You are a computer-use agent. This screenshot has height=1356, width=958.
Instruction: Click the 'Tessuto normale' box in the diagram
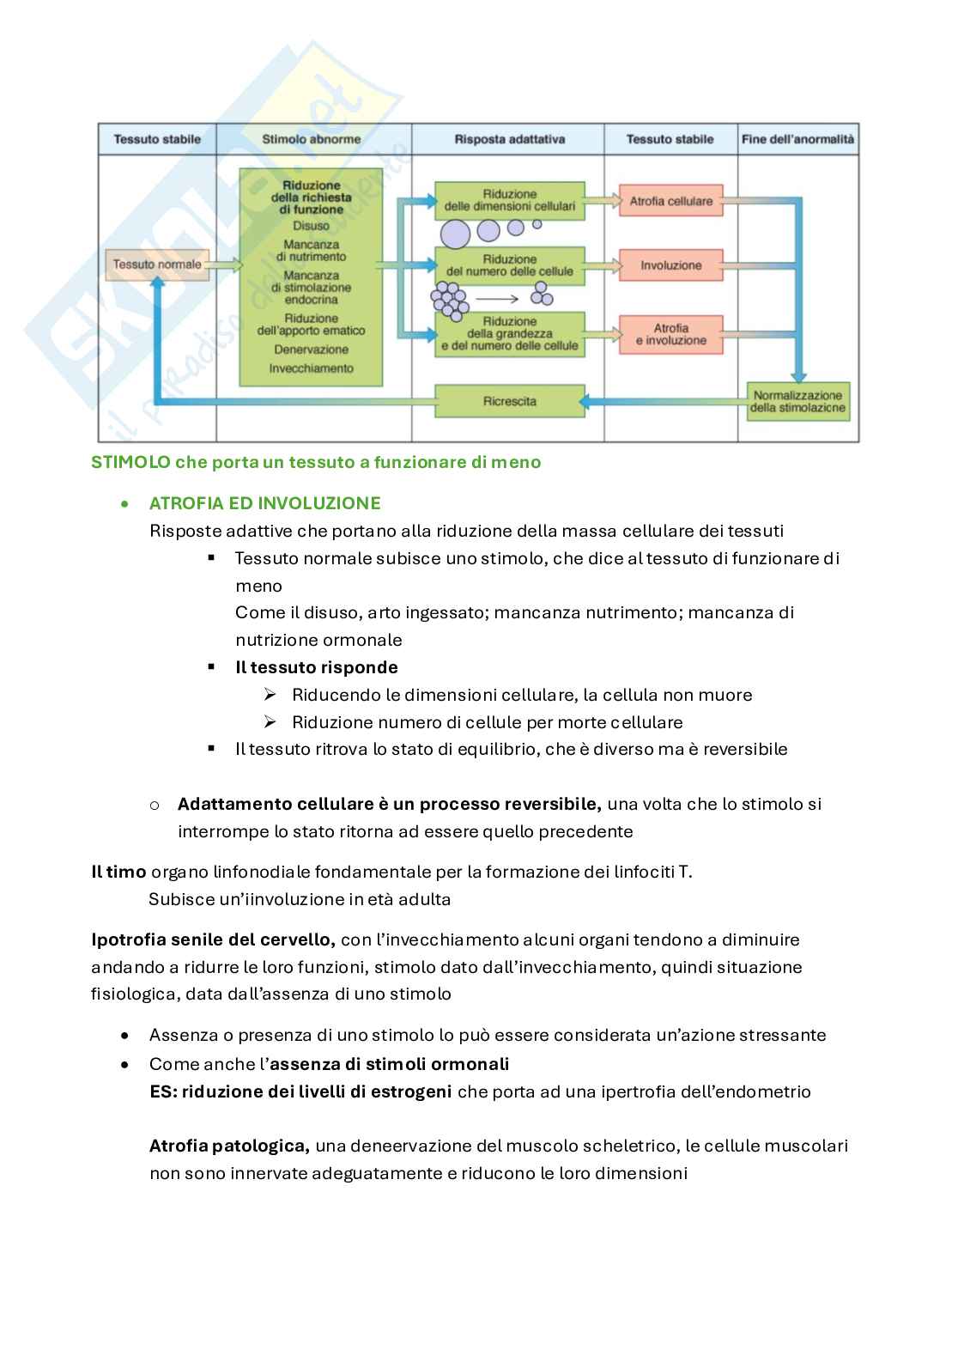pos(157,265)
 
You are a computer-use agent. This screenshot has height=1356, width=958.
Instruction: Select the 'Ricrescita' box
pos(509,401)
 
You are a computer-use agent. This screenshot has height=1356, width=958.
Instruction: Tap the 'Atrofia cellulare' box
pos(671,201)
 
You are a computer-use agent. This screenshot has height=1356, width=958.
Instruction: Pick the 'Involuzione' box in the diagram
pos(671,265)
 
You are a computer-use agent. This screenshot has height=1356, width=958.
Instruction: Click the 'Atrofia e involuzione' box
pos(671,334)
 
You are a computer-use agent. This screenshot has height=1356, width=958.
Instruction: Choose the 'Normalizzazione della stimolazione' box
pos(797,402)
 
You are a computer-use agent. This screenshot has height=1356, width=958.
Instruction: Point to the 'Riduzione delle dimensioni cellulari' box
pos(509,200)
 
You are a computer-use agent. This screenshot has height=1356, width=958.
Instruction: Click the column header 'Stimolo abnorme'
pos(312,139)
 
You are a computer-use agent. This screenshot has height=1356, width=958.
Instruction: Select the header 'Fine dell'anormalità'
pos(797,139)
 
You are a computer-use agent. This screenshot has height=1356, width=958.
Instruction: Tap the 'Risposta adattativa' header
pos(509,139)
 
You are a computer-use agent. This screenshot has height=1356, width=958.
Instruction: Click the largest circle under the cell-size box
pos(455,233)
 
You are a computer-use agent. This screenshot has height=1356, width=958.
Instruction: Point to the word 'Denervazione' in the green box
pos(312,350)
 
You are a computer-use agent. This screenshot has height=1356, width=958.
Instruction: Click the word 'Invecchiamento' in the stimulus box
pos(312,368)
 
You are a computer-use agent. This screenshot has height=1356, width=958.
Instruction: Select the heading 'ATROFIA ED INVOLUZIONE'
pos(264,503)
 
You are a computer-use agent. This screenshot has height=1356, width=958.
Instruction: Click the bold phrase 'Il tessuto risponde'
pos(317,667)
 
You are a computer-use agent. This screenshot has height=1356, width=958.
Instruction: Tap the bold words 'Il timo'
pos(118,872)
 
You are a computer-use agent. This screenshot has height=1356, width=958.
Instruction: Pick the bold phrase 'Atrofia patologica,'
pos(229,1146)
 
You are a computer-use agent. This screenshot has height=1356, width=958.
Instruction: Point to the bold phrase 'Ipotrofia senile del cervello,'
pos(213,939)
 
